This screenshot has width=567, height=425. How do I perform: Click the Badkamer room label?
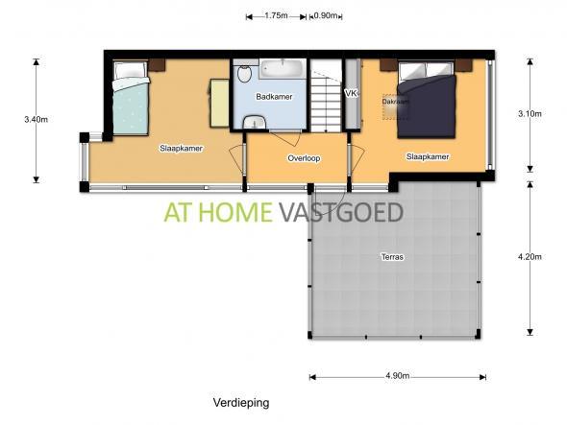tap(274, 97)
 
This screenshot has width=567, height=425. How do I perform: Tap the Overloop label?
tap(304, 158)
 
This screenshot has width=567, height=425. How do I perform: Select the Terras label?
tap(392, 257)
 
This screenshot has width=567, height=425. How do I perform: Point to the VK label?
tap(351, 93)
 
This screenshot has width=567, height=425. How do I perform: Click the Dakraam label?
tap(396, 102)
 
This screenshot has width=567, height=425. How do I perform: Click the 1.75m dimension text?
tap(276, 15)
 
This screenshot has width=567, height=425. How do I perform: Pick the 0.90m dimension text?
tap(326, 15)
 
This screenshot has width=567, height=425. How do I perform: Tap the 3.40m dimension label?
tap(36, 119)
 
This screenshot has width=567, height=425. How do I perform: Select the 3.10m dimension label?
tap(530, 114)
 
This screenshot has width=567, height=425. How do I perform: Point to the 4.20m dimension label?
tap(530, 257)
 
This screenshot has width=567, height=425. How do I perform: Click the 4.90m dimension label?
tap(398, 376)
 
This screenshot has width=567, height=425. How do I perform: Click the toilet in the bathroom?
tap(244, 71)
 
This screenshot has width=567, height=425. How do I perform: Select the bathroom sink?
tap(256, 122)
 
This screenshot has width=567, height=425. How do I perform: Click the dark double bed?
tap(426, 100)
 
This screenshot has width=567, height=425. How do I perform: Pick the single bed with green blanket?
tap(131, 98)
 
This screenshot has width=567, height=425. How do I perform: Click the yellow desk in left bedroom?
tap(219, 103)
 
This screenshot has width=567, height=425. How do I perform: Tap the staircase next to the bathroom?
tap(326, 96)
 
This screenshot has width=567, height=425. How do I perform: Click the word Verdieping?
tap(241, 402)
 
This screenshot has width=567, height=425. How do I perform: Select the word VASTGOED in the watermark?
tap(340, 212)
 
